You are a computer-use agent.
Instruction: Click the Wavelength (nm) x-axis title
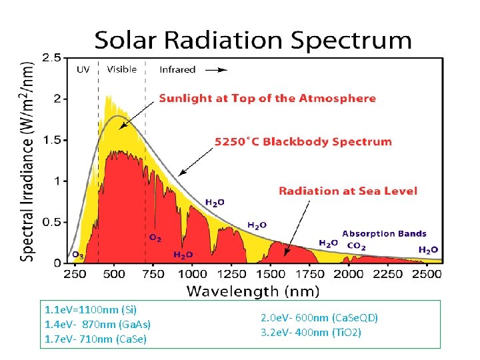tap(253, 291)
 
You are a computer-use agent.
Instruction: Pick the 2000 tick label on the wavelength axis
tap(349, 274)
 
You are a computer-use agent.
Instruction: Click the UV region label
tap(83, 69)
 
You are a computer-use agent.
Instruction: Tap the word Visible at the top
tap(122, 69)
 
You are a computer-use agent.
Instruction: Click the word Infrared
tap(177, 69)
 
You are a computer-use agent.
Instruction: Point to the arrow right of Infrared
tap(215, 69)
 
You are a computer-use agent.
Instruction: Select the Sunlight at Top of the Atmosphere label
tap(267, 99)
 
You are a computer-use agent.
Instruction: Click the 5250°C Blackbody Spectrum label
tap(303, 141)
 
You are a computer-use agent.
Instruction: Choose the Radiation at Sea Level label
tap(348, 191)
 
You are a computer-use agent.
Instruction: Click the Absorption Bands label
tap(384, 234)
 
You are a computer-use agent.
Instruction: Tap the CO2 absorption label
tap(357, 246)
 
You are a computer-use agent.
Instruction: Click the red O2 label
tap(155, 238)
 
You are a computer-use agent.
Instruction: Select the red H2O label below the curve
tap(183, 255)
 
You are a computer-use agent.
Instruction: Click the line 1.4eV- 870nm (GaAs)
tap(97, 324)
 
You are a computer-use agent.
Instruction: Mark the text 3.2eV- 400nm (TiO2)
tap(311, 332)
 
